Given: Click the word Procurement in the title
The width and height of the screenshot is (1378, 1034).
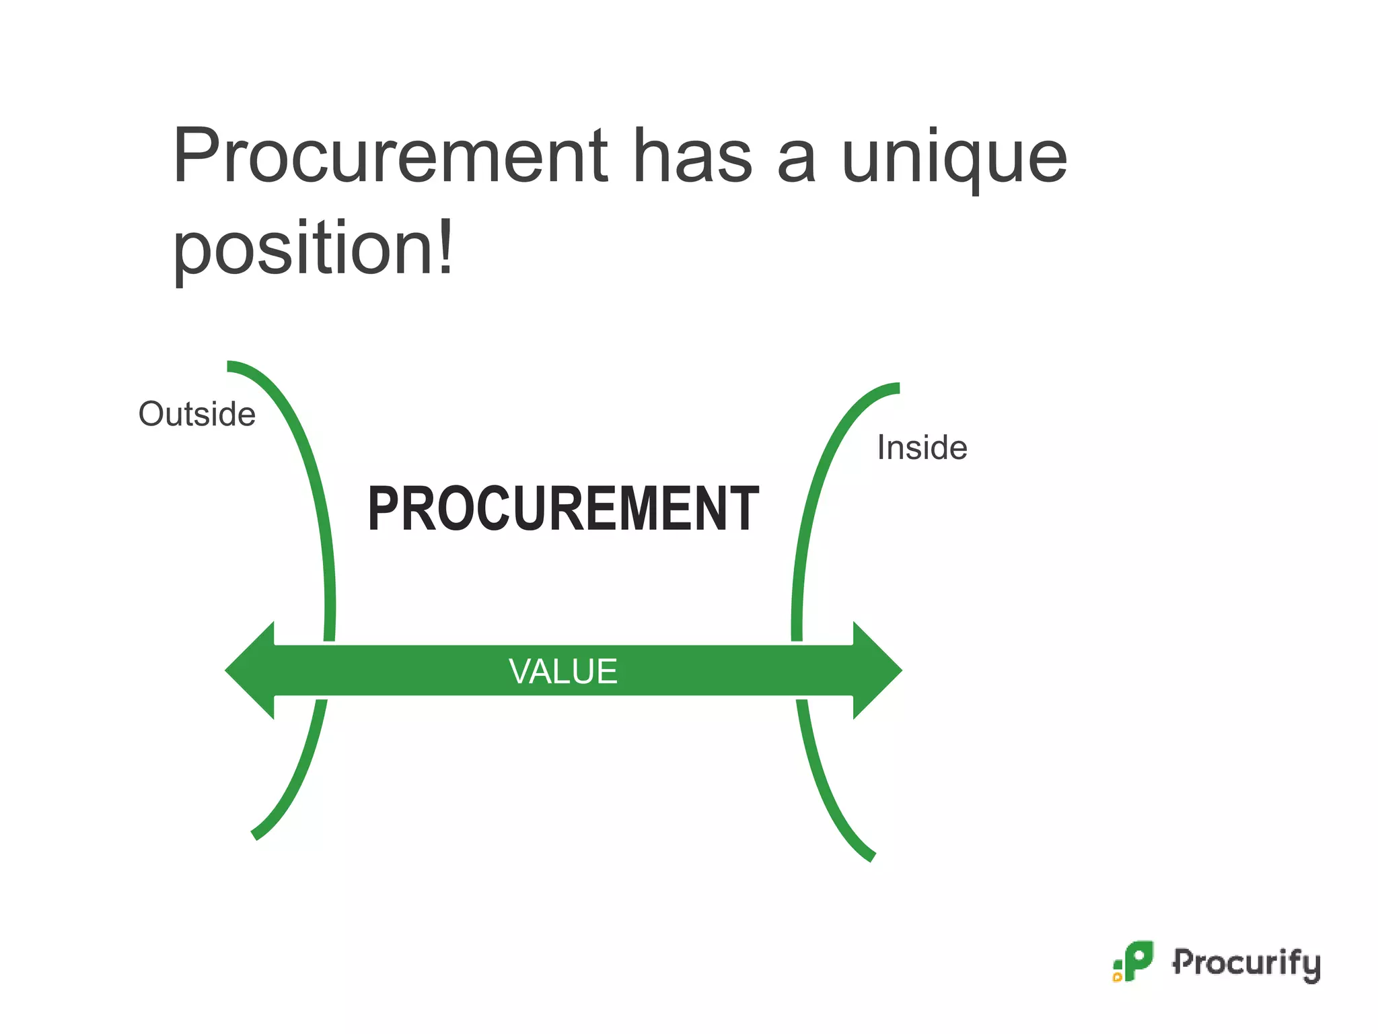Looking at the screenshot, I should [x=390, y=156].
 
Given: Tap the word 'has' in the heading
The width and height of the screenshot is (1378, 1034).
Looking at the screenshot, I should [x=692, y=156].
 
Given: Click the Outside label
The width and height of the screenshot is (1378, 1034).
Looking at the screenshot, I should [x=196, y=414].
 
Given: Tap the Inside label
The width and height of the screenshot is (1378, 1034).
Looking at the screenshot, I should [x=922, y=448].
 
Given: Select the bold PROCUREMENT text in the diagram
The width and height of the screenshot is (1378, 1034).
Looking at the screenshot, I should [x=563, y=509].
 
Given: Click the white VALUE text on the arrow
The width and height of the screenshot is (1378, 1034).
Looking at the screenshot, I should [x=563, y=671].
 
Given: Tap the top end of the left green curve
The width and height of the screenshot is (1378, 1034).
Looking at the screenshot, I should [x=231, y=366].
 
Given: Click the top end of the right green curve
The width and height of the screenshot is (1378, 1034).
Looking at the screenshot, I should [x=896, y=388].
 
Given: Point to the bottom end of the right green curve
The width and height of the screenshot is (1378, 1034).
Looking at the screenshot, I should [x=871, y=856].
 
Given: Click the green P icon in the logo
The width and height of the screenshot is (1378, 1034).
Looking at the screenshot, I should [x=1138, y=959].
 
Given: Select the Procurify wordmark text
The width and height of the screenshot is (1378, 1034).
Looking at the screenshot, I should [x=1246, y=963].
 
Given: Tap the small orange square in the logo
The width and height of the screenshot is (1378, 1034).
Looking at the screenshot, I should [x=1118, y=977].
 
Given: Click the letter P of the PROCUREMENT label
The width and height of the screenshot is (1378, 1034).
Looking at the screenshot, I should [x=382, y=509].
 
